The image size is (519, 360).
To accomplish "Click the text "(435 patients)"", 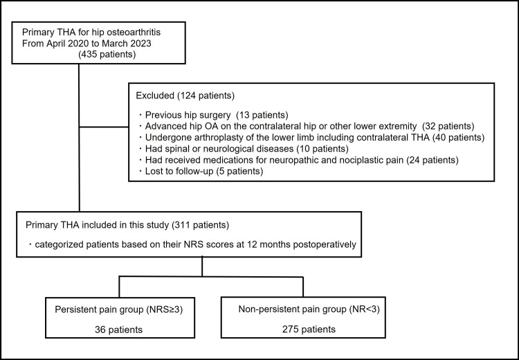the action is pos(107,54).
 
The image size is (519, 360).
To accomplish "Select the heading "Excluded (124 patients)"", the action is pos(185,96).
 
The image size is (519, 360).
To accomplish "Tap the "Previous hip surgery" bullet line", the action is pos(214,115).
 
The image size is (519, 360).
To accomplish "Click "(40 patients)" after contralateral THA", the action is pos(458,138).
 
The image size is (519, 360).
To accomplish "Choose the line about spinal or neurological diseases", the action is pos(244,149).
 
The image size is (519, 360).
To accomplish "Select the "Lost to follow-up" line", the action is pos(201,171).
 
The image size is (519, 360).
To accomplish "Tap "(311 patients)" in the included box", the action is pos(201,225).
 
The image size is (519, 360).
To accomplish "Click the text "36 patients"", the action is pos(119,330).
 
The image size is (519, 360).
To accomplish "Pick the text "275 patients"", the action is pos(309,330).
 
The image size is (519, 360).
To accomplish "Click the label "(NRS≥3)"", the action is pos(164,309).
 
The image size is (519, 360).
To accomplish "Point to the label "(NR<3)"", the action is pos(364,309).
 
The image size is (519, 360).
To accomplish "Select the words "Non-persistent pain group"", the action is pos(292,309).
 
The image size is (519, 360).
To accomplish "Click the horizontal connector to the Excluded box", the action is pos(104,127).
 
